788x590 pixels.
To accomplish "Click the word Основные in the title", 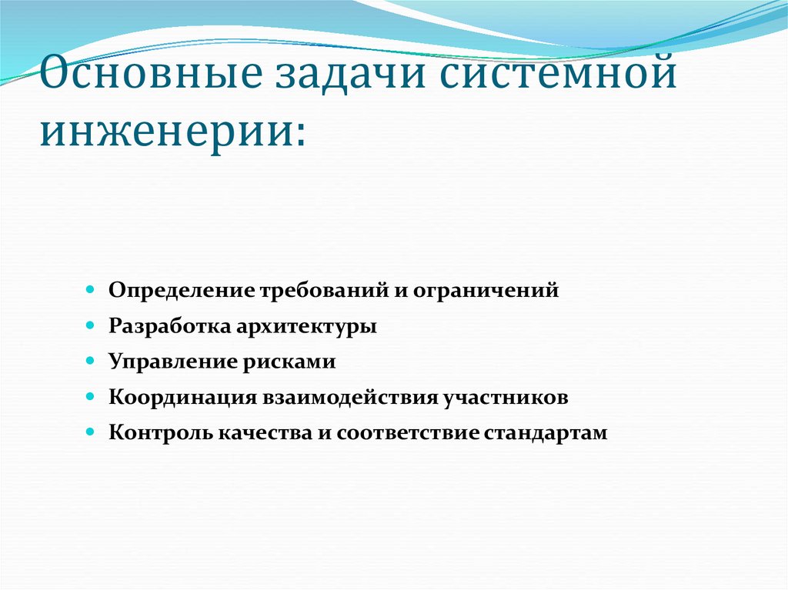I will (x=135, y=77).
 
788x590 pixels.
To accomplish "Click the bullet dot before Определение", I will (x=90, y=292).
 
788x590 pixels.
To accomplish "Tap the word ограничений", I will (x=486, y=292).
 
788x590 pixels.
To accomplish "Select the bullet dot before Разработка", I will (x=90, y=326).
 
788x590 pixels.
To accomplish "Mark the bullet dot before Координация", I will (x=90, y=397).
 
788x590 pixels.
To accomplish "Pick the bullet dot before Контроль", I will (x=90, y=432).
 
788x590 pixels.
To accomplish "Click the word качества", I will (x=254, y=432).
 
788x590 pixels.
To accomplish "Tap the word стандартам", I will (x=546, y=432).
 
